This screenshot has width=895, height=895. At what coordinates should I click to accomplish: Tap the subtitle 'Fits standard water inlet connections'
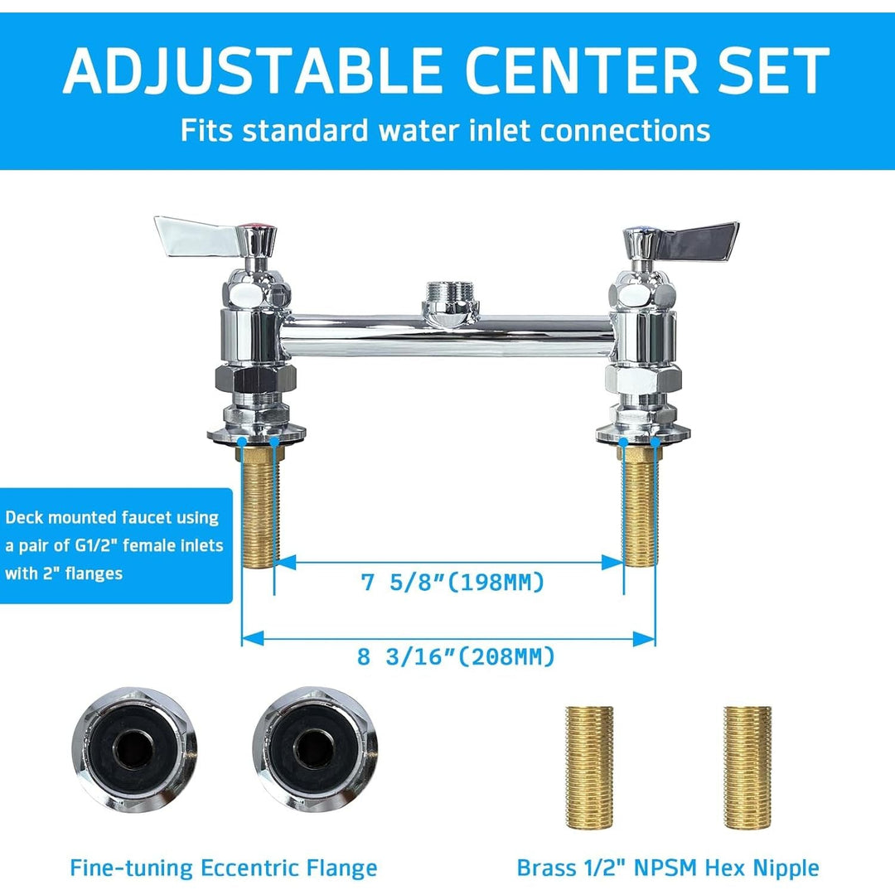coord(446,130)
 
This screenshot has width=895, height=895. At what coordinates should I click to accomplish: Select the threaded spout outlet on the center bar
coord(449,295)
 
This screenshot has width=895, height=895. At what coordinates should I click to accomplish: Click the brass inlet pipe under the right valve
coord(639,510)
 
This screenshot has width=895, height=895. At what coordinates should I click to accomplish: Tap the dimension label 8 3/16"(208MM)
coord(456,657)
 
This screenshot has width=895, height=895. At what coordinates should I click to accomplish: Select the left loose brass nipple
coord(589,767)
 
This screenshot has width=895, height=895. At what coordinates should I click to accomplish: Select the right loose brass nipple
coord(747,767)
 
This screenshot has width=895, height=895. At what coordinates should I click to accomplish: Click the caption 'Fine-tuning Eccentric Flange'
coord(223,868)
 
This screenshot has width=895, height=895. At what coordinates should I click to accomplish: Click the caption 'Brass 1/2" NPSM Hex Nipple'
coord(668,868)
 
